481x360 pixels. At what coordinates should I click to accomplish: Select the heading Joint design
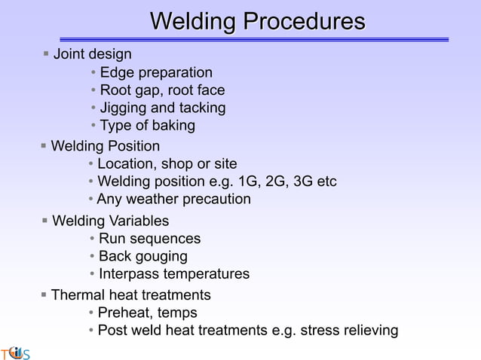92,54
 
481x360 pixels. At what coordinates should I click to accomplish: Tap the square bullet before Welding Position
44,145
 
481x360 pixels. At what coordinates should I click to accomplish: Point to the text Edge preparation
156,73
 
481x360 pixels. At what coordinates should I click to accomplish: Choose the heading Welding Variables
110,221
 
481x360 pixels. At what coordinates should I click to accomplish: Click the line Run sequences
149,239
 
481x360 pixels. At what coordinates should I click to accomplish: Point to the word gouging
161,256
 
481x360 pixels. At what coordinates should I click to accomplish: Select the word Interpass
129,274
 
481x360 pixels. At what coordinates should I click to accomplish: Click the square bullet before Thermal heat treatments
44,294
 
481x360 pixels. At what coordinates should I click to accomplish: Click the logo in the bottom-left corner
14,352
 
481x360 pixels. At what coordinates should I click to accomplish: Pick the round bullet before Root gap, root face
93,91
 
